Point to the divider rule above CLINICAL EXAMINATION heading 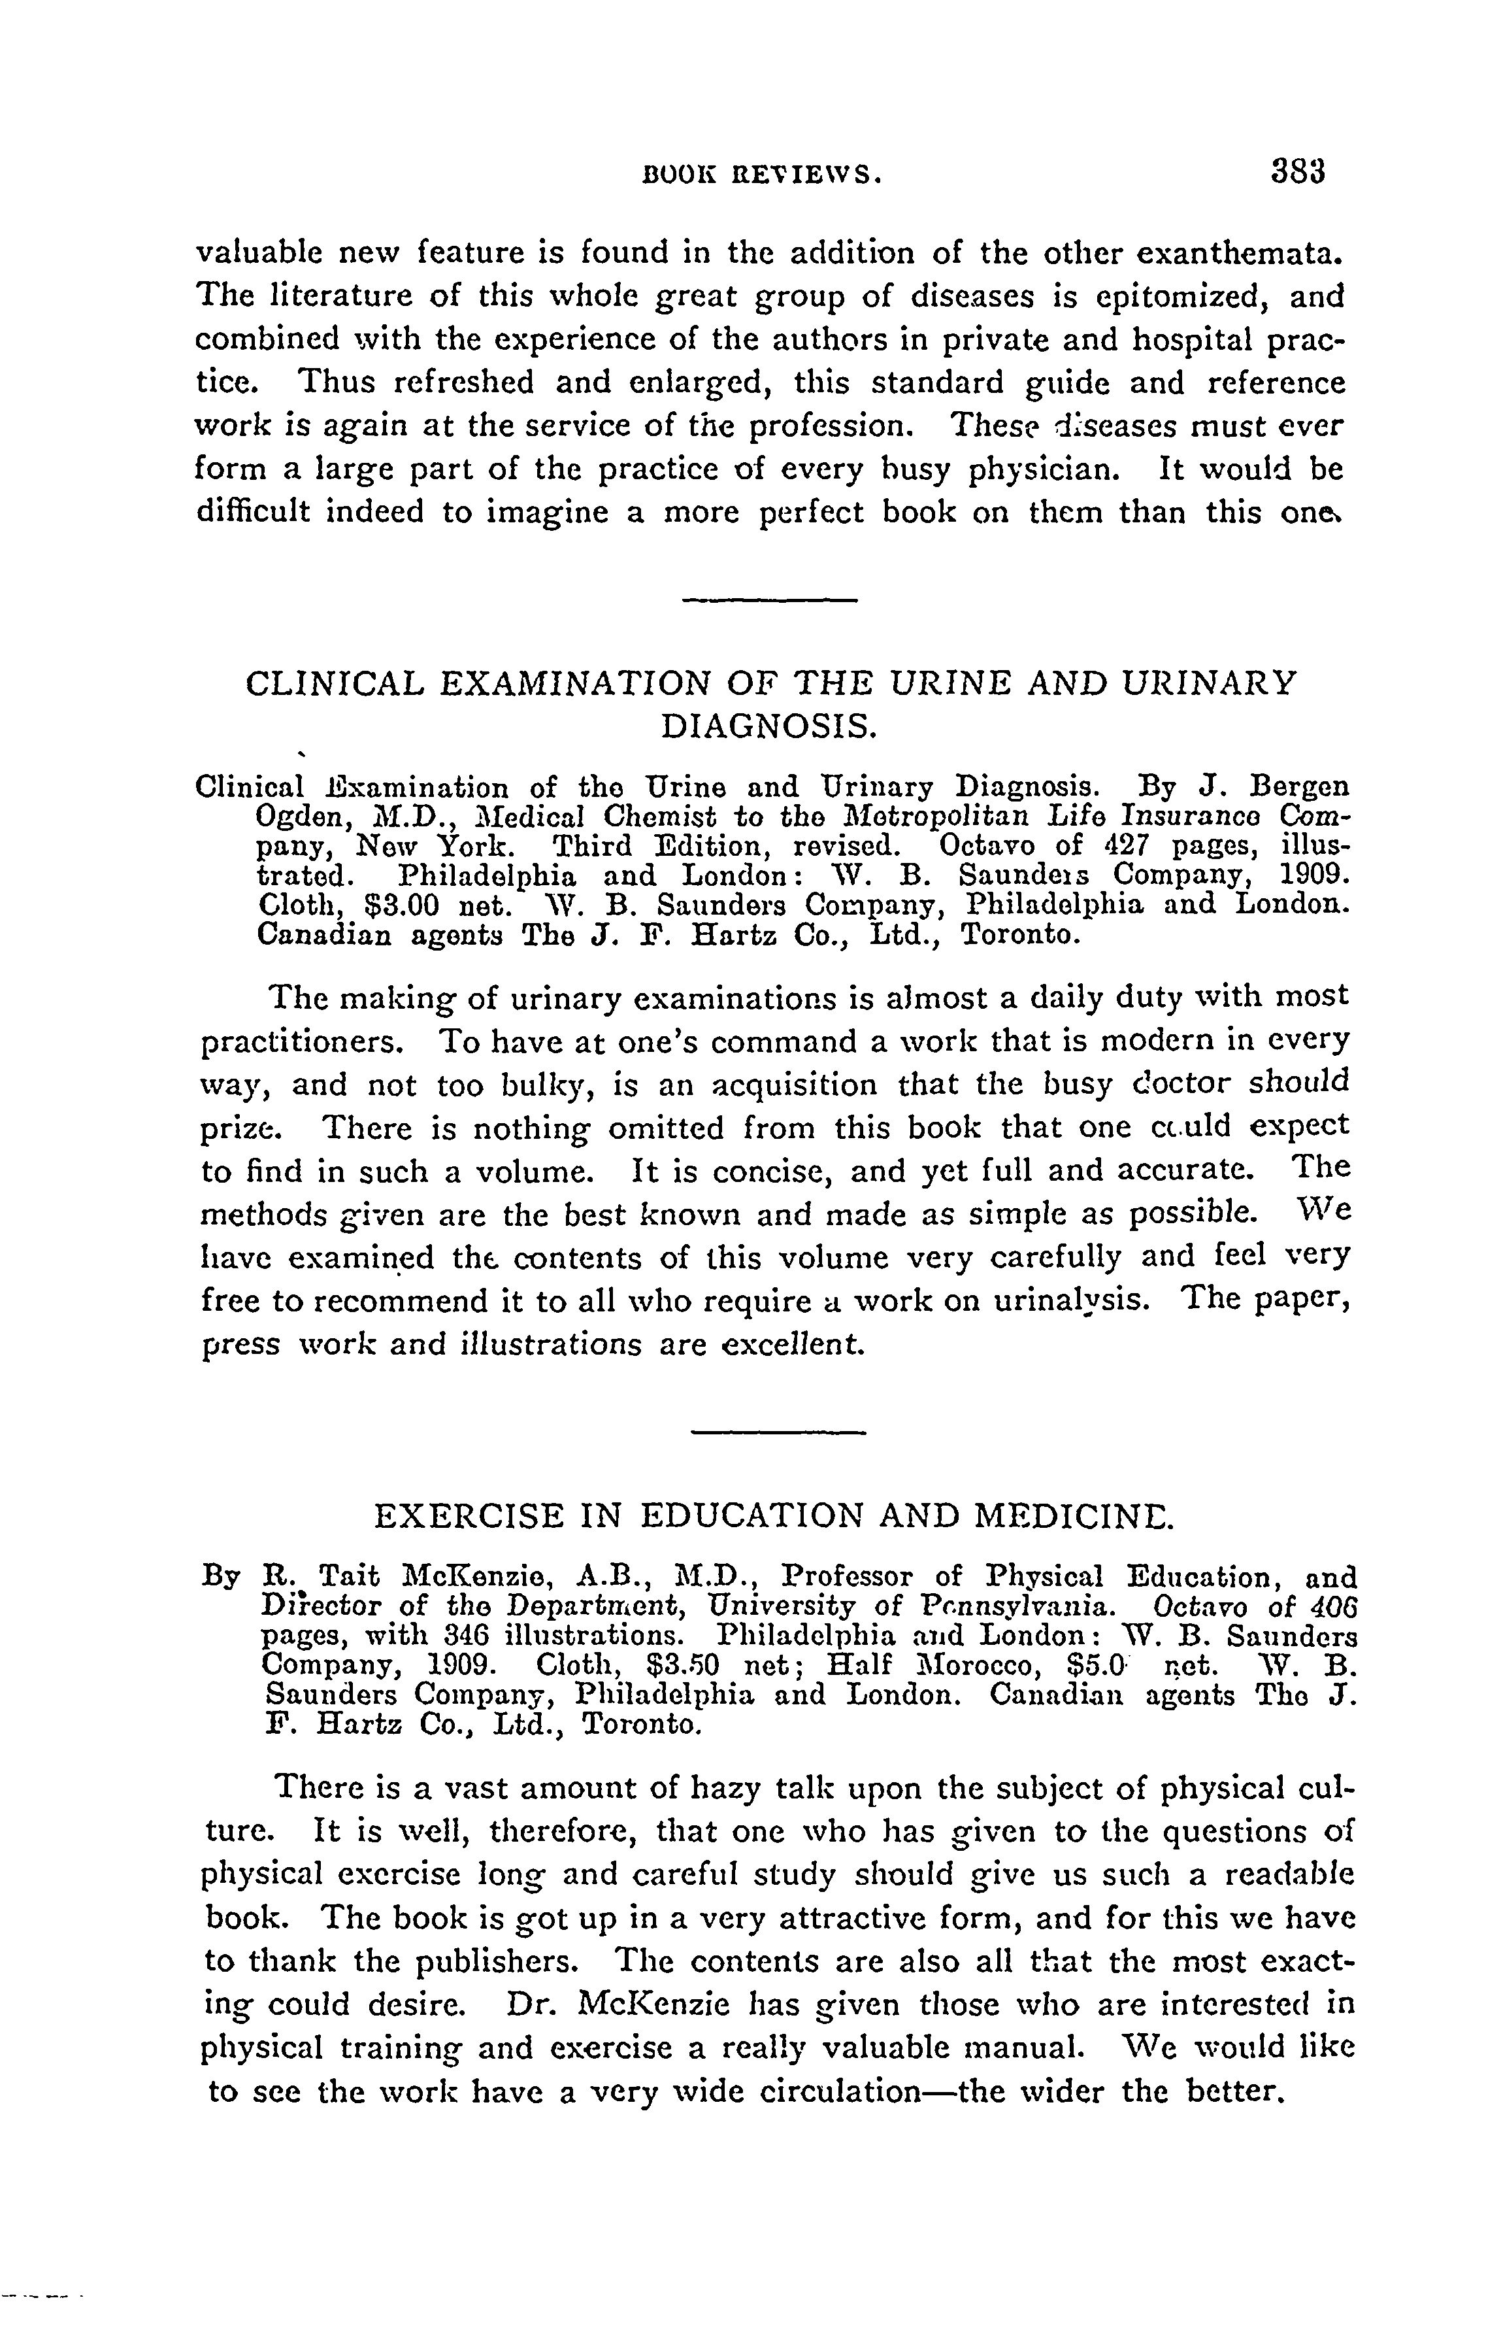click(769, 602)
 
